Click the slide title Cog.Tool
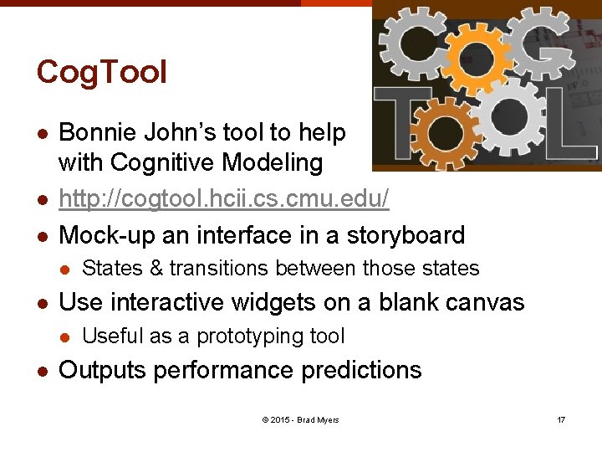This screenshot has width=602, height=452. point(101,73)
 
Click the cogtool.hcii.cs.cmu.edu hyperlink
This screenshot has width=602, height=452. point(224,198)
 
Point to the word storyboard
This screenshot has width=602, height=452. point(401,234)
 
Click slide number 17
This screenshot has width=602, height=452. point(561,419)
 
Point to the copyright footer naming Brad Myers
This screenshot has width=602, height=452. point(300,419)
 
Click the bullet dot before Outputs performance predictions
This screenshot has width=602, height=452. point(42,372)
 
